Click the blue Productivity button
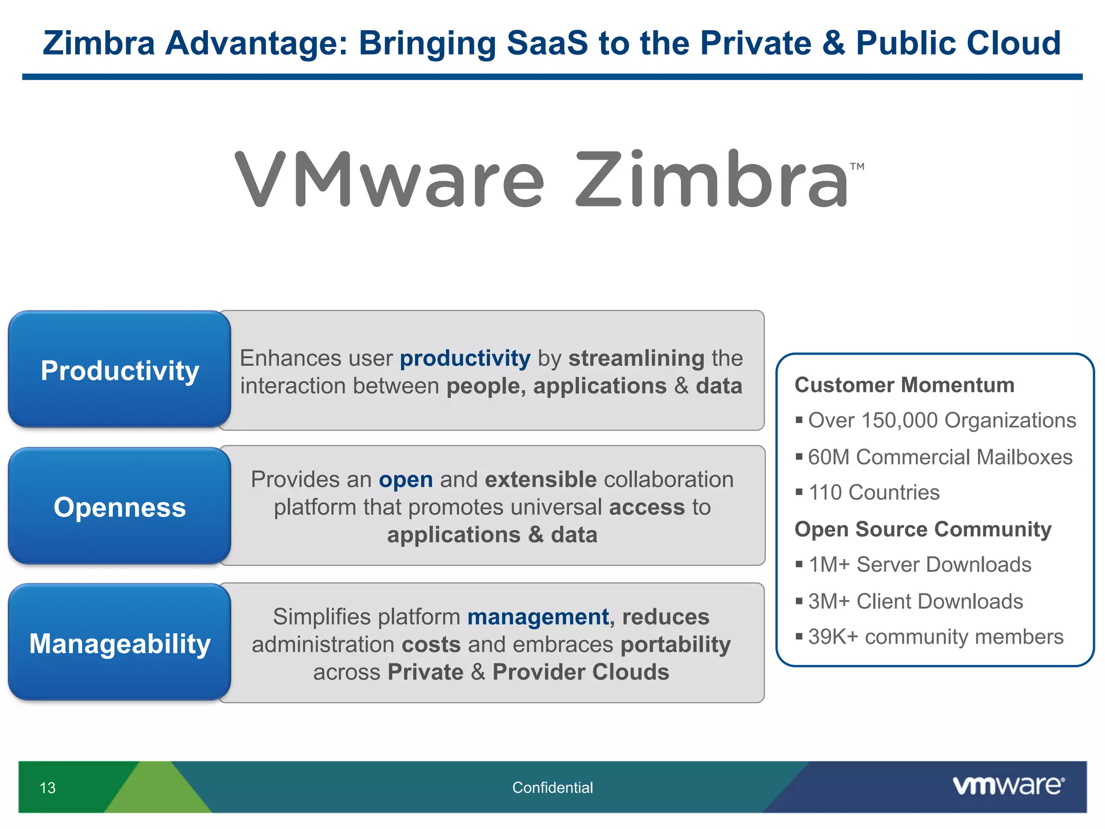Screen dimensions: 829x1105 coord(120,370)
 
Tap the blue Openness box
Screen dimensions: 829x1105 coord(120,507)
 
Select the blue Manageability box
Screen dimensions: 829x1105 coord(120,643)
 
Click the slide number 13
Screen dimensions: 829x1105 coord(47,788)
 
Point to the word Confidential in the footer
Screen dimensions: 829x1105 coord(552,787)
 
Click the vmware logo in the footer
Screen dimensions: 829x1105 coord(1008,786)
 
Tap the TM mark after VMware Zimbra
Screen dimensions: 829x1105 coord(857,167)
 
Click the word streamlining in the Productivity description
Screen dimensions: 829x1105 coord(636,358)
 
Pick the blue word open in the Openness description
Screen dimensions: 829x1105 coord(406,480)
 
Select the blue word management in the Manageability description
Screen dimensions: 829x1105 coord(538,617)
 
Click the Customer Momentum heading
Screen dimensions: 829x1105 coord(904,385)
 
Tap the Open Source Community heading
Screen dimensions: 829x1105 coord(923,529)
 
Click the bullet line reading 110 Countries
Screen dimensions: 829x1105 coord(874,492)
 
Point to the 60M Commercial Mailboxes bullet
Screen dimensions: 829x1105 coord(939,457)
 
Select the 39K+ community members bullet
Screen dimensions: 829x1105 coord(935,637)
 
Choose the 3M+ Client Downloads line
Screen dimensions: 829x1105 coord(915,601)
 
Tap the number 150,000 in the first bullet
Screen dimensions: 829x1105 coord(900,420)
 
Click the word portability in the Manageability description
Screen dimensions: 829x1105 coord(676,644)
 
